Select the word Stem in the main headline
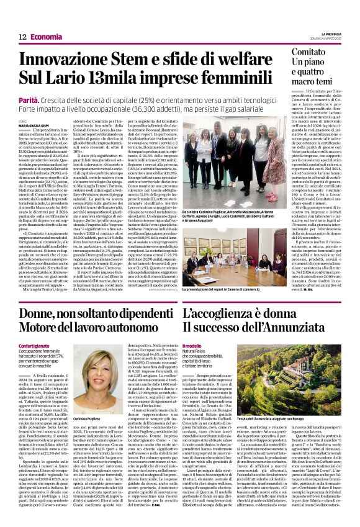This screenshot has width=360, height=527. pos(146,61)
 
